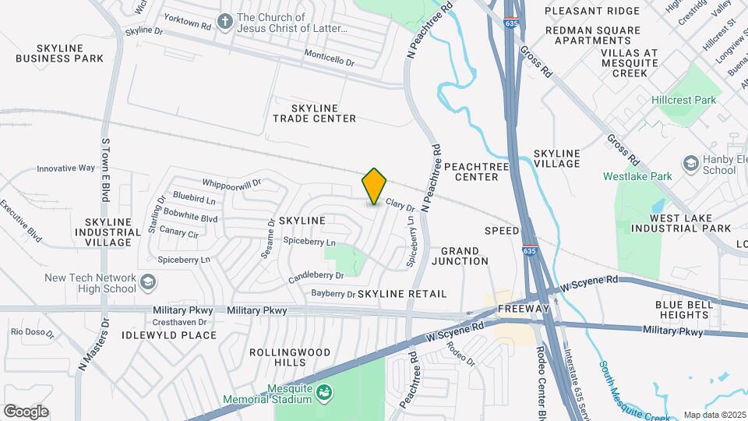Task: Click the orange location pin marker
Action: tap(374, 186)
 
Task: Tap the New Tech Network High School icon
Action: tap(147, 281)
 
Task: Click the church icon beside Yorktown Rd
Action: tap(225, 21)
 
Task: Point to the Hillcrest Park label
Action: tap(683, 101)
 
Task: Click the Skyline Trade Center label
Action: tap(314, 113)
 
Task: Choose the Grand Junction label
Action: tap(464, 256)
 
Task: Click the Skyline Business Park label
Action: tap(59, 53)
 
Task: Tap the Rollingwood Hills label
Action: tap(281, 358)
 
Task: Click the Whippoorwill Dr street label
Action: tap(231, 182)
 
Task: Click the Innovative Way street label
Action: tap(65, 168)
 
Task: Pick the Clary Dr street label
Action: tap(400, 206)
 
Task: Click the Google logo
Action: tap(26, 412)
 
